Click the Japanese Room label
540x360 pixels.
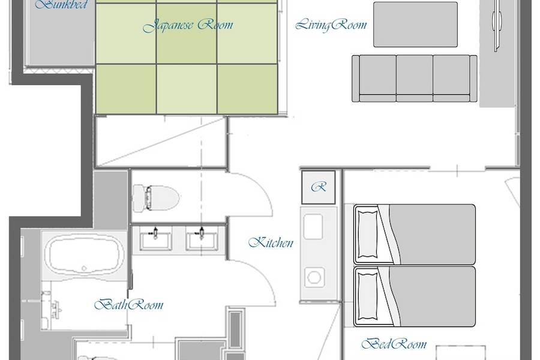pyautogui.click(x=188, y=25)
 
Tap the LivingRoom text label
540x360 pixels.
pyautogui.click(x=331, y=25)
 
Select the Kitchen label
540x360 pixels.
pyautogui.click(x=271, y=242)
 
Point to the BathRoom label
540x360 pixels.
pyautogui.click(x=129, y=305)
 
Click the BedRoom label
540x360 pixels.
pyautogui.click(x=394, y=344)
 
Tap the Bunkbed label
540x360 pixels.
pyautogui.click(x=61, y=4)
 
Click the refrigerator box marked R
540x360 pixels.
pyautogui.click(x=319, y=187)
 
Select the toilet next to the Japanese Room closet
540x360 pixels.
pyautogui.click(x=157, y=198)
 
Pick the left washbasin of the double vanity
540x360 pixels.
pyautogui.click(x=155, y=241)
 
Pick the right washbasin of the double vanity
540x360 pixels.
pyautogui.click(x=202, y=241)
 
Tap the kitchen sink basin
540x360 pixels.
pyautogui.click(x=313, y=227)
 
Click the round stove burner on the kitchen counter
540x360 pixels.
pyautogui.click(x=314, y=277)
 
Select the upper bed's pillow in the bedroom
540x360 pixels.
pyautogui.click(x=368, y=235)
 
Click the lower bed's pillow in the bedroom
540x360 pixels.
pyautogui.click(x=368, y=296)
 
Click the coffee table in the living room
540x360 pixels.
pyautogui.click(x=415, y=25)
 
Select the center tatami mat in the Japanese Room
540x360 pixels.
pyautogui.click(x=187, y=34)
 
